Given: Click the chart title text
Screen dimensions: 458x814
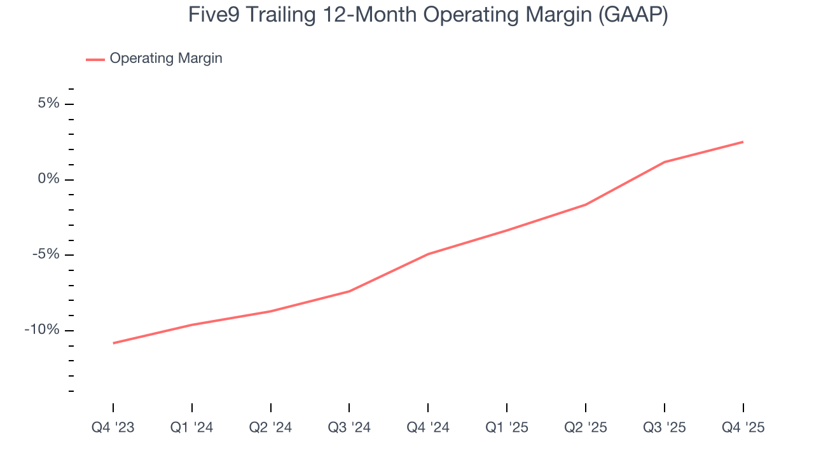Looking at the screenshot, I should coord(427,15).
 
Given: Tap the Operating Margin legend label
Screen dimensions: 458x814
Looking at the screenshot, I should coord(165,59).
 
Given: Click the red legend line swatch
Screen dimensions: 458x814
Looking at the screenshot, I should coord(95,59).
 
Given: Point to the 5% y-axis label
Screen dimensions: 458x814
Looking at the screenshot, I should coord(48,104).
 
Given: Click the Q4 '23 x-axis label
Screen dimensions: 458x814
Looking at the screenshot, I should coord(113,428).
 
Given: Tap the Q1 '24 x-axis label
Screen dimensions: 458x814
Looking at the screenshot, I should coord(191,428).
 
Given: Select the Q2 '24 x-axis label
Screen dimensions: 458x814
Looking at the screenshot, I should coord(270,428).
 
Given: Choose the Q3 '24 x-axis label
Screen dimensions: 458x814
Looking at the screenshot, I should coord(349,428).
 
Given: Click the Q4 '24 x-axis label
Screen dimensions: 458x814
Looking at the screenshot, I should coord(428,428).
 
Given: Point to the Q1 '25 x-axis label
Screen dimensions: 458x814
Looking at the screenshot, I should coord(507,428).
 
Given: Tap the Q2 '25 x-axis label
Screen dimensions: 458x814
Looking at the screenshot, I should coord(586,428).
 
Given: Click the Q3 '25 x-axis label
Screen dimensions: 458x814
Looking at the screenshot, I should coord(665,428).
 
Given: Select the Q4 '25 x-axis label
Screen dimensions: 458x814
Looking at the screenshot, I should coord(743,428).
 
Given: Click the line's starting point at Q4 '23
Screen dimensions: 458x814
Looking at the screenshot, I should coord(113,343).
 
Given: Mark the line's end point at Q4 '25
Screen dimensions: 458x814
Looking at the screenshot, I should coord(743,142).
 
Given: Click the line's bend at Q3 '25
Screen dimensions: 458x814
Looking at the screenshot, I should coord(665,162).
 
